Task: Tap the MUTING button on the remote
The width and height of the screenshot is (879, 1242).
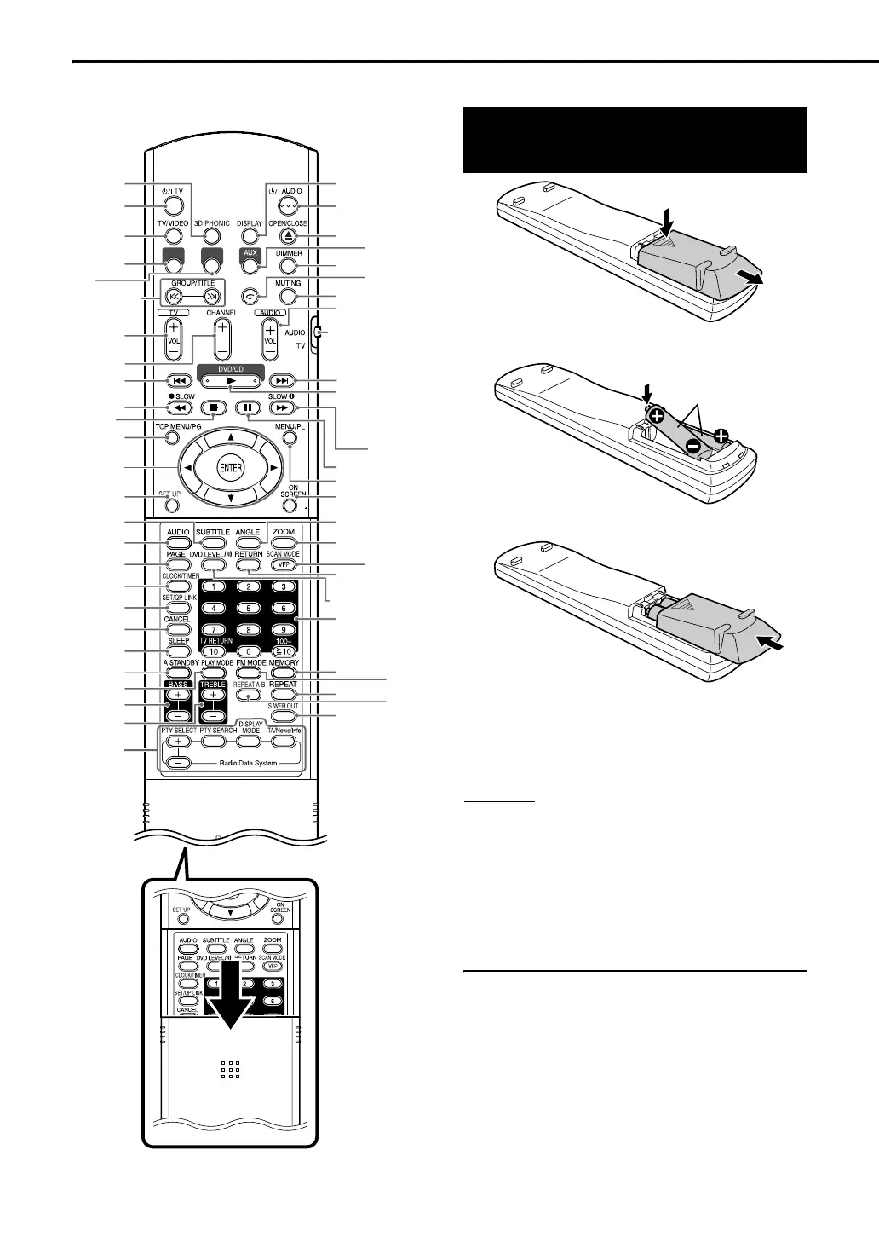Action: tap(289, 297)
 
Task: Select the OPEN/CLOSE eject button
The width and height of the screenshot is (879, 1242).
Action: tap(289, 236)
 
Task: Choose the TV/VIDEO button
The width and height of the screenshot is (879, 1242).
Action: tap(172, 236)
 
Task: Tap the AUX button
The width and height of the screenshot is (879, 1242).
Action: tap(250, 266)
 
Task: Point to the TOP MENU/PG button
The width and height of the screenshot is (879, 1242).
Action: tap(172, 438)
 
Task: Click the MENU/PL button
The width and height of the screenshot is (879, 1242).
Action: tap(288, 438)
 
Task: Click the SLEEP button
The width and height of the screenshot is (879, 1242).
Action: tap(177, 652)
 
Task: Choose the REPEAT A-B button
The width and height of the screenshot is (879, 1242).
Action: tap(248, 696)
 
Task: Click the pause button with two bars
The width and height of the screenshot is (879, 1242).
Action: tap(248, 407)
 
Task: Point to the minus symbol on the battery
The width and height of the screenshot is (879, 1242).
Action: tap(695, 445)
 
